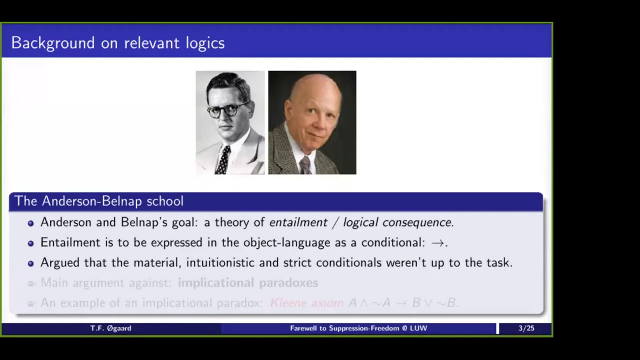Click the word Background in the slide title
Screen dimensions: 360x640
point(53,43)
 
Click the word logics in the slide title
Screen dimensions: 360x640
point(205,43)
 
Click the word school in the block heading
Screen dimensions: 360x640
point(165,201)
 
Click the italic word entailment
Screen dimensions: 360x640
point(298,222)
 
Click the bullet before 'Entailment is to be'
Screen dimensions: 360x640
point(31,243)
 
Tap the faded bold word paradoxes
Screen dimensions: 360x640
point(288,283)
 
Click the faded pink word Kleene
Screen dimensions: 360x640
point(288,303)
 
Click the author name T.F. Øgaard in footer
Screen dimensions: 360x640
point(111,328)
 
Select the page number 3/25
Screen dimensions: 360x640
point(526,328)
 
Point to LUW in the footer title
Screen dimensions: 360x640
point(418,328)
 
